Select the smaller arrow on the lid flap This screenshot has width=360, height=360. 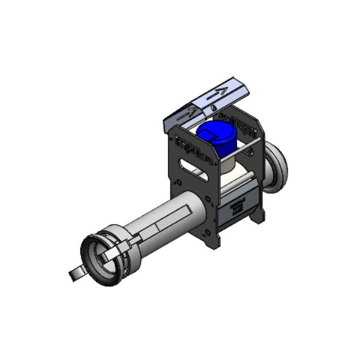tap(187, 112)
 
